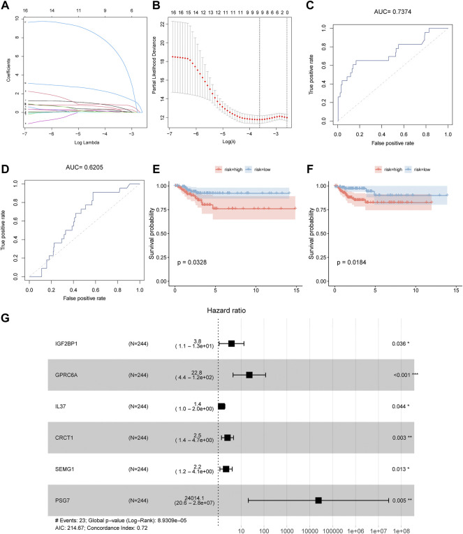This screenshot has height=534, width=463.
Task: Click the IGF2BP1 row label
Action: point(68,343)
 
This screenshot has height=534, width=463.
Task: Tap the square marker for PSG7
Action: point(318,500)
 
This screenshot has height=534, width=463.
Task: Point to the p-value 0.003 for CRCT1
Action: point(404,438)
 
